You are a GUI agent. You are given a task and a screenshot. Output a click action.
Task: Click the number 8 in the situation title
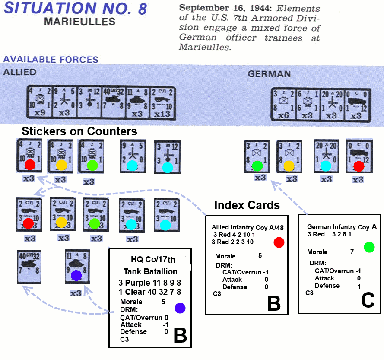pyautogui.click(x=140, y=9)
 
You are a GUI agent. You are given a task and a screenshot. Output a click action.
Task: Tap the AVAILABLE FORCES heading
pyautogui.click(x=51, y=60)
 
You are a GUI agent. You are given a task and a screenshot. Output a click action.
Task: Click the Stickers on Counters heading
pyautogui.click(x=79, y=131)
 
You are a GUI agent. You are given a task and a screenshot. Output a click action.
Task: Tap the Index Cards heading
pyautogui.click(x=247, y=204)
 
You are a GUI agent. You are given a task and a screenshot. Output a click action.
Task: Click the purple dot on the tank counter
pyautogui.click(x=76, y=275)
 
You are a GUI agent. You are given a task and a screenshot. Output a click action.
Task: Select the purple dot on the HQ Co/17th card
pyautogui.click(x=180, y=308)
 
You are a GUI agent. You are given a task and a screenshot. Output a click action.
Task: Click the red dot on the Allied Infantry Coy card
pyautogui.click(x=279, y=242)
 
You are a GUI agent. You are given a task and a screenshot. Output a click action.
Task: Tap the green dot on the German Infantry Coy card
pyautogui.click(x=369, y=247)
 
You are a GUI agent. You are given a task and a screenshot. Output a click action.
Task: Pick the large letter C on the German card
pyautogui.click(x=368, y=300)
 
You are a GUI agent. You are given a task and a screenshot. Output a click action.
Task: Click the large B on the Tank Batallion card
pyautogui.click(x=180, y=335)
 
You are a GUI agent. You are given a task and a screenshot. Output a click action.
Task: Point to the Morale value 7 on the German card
pyautogui.click(x=352, y=252)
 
